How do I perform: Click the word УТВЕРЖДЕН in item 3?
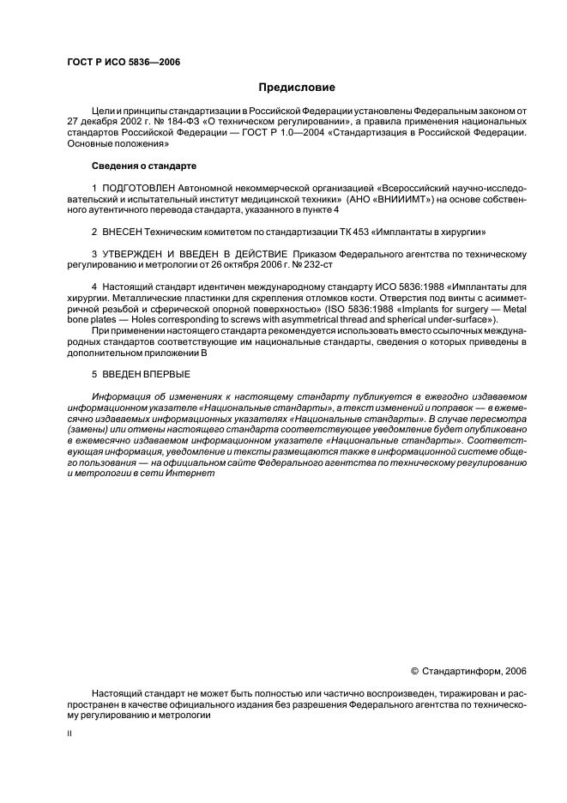click(137, 255)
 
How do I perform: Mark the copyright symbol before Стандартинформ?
click(415, 671)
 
